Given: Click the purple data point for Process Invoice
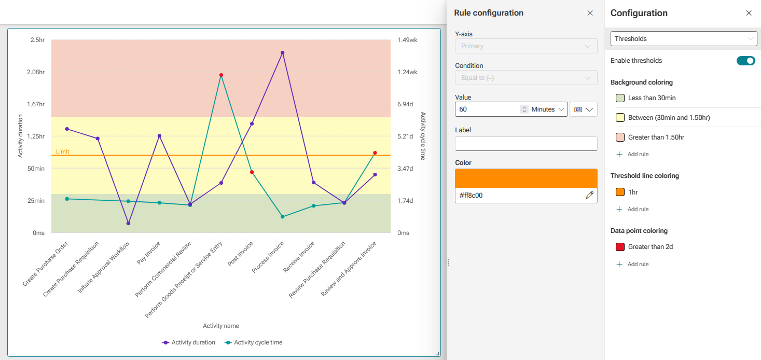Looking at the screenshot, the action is coord(282,52).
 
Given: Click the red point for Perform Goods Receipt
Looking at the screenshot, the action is coord(221,75).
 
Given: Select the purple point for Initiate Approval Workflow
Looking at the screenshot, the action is coord(129,224).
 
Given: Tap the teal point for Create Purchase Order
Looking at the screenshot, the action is coord(67,199).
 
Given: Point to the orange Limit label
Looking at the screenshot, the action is coord(63,151).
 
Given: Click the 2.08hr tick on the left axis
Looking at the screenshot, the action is coord(36,72).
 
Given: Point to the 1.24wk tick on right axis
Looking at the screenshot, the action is coord(407,72).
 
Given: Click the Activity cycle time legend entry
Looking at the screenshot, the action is coord(254,342).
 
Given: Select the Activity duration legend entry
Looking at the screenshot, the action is coord(189,342).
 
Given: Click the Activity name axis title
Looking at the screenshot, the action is coord(221,326).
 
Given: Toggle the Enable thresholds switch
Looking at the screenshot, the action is coord(746,61).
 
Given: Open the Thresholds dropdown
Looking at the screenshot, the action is coord(684,39).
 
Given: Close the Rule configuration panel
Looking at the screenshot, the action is coord(590,13).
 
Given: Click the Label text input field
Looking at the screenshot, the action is coord(526,144).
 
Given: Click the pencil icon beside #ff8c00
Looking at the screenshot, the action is coord(590,195).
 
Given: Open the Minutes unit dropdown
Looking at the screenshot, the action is coord(548,109).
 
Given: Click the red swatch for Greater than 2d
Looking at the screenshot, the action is coord(620,247).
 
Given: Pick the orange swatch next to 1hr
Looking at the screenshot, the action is coord(620,192).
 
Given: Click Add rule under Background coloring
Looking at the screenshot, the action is coord(632,154).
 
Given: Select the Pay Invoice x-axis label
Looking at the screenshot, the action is coord(148,253).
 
